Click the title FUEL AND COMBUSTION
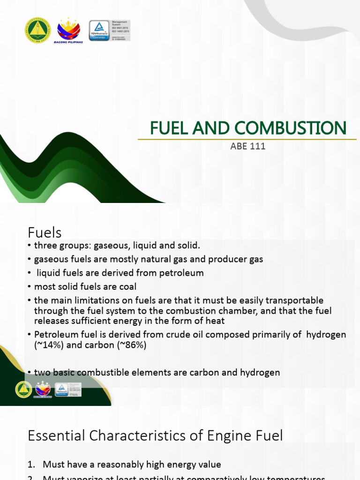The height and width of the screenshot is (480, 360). tap(248, 127)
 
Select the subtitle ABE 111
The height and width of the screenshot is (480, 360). tap(248, 146)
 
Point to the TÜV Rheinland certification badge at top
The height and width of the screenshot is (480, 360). tap(99, 30)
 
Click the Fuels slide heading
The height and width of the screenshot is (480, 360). tap(45, 232)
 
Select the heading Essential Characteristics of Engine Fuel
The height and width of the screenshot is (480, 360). tap(155, 436)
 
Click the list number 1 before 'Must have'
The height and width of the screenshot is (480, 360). tap(31, 465)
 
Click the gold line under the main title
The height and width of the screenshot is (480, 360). tap(244, 139)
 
